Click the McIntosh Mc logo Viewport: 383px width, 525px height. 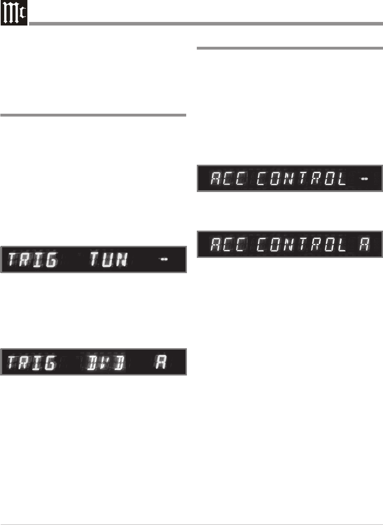[x=14, y=13]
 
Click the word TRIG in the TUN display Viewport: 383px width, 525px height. [x=32, y=260]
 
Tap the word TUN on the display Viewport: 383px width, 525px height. [x=108, y=259]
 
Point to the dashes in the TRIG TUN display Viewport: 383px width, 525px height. [x=164, y=259]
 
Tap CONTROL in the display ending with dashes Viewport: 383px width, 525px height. [x=301, y=179]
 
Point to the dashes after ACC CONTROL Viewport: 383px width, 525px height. [x=364, y=179]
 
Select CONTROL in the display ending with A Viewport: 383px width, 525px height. [x=301, y=244]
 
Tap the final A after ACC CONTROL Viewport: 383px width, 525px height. [x=364, y=244]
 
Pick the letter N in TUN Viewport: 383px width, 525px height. [x=122, y=260]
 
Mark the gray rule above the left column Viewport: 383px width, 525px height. [x=93, y=115]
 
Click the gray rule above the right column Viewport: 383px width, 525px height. [x=290, y=48]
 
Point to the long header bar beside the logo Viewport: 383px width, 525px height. [x=206, y=24]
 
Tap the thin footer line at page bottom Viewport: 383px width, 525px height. [x=191, y=524]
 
